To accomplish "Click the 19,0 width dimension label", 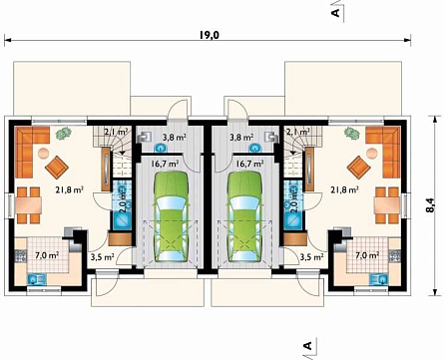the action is pos(210,35).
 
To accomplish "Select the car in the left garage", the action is pos(172,216).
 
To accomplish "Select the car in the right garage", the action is pos(244,216).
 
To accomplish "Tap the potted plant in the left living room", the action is pos(64,134).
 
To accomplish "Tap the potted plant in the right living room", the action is pos(352,133).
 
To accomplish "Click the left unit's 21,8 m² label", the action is pos(69,190).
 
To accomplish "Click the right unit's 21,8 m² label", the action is pos(344,190).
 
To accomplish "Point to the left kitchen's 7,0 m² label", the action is pos(47,255).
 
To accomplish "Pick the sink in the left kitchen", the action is pos(37,279).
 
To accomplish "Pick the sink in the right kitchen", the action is pos(379,279).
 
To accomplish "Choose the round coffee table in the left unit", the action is pos(43,153).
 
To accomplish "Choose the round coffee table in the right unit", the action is pos(372,153).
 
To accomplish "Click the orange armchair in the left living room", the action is pos(57,168).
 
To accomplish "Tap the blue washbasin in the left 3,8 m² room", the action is pos(160,148).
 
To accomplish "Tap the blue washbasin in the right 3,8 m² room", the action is pos(255,148).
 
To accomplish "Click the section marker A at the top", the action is pos(336,13).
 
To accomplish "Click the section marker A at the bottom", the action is pos(308,346).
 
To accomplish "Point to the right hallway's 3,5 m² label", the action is pos(311,257).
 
